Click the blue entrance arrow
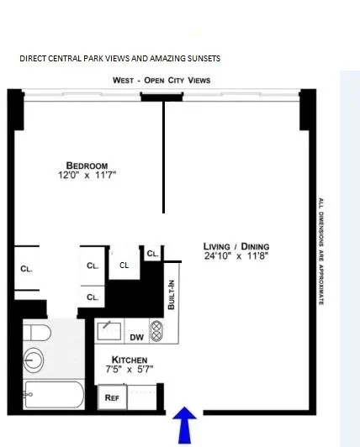tap(186, 423)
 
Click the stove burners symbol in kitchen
tap(156, 329)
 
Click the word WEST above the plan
tap(124, 80)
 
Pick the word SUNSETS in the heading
tap(202, 58)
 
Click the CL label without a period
tap(124, 265)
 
